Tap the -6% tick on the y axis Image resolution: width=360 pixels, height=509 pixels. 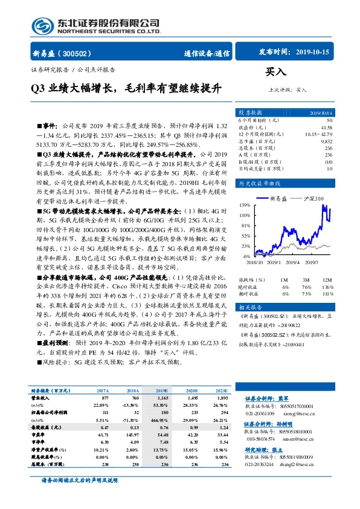point(246,256)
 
